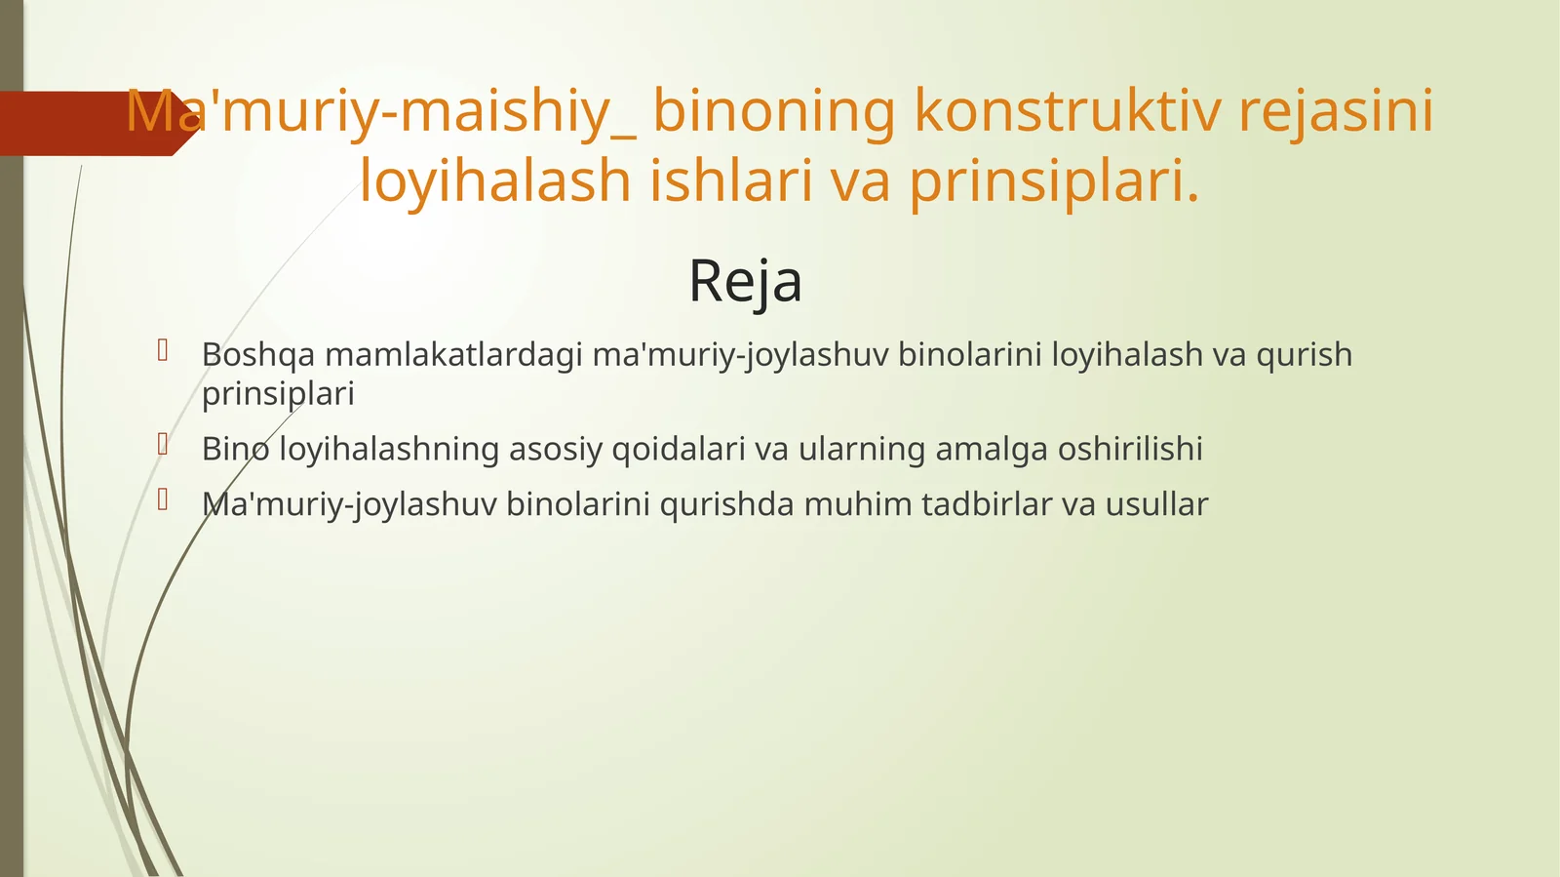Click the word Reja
745,282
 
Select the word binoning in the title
773,110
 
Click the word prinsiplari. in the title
1054,181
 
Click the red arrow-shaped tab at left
88,124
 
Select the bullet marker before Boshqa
164,349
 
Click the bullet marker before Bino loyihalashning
164,445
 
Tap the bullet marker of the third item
164,500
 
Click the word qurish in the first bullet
1304,355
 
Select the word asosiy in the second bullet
556,450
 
